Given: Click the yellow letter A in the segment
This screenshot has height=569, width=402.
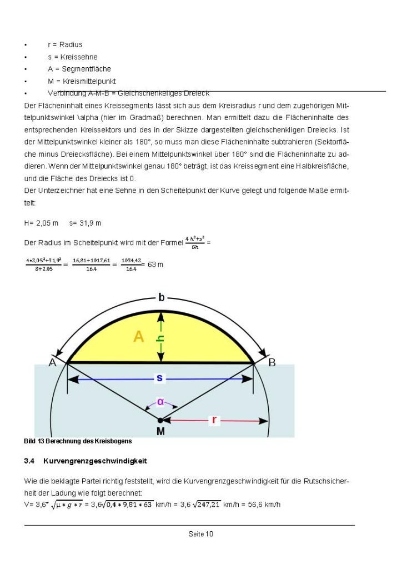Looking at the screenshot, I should click(139, 337).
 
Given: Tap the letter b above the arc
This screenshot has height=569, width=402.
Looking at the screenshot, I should click(161, 297).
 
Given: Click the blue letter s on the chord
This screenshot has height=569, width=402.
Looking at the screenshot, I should click(160, 378).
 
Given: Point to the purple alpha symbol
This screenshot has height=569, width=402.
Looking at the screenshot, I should click(160, 401).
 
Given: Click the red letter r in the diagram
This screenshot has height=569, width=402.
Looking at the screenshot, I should click(214, 421).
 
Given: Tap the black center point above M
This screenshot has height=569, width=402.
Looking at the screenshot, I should click(160, 421).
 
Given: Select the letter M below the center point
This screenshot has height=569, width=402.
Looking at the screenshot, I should click(160, 432).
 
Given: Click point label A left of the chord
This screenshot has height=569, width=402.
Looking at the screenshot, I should click(53, 363).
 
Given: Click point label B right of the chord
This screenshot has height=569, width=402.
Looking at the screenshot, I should click(272, 363).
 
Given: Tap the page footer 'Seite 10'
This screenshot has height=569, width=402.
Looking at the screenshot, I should click(201, 534).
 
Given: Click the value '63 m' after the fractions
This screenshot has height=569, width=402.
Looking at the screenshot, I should click(156, 264).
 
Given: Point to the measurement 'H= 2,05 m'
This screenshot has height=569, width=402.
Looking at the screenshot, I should click(41, 223).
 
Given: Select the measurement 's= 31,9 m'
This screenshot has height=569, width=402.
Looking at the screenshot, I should click(86, 223).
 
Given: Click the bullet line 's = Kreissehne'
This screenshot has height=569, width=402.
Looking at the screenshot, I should click(72, 57).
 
